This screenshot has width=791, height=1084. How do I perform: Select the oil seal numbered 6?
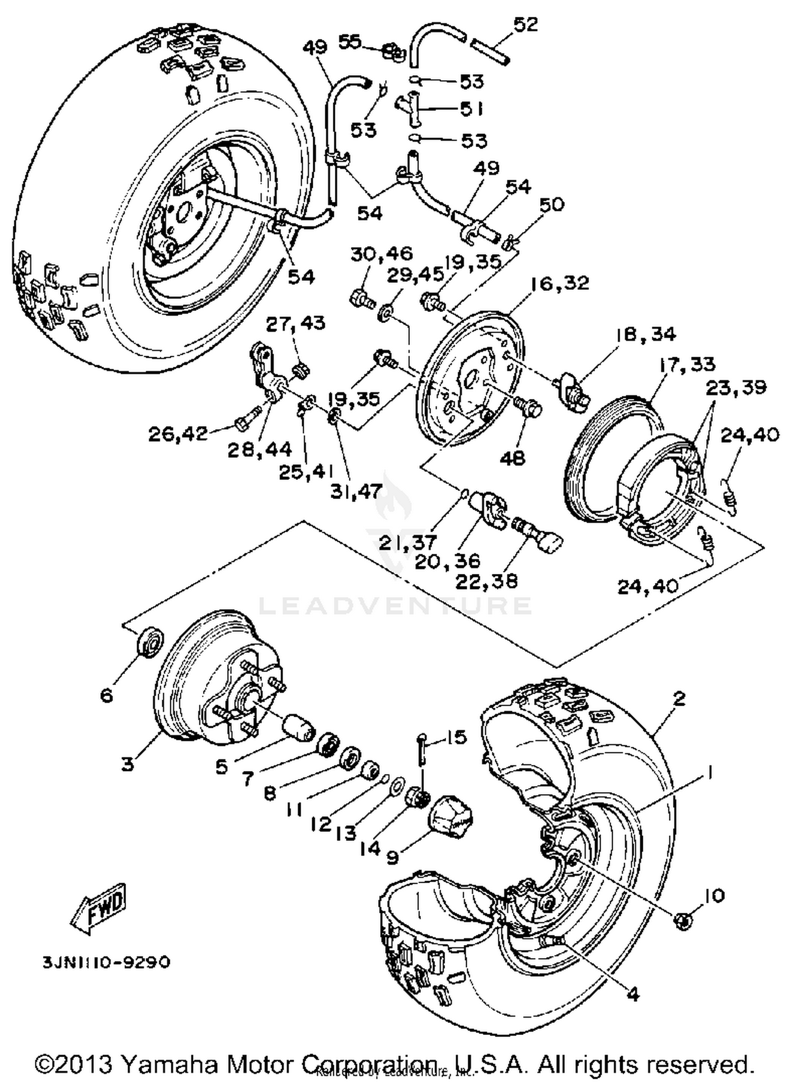pos(150,642)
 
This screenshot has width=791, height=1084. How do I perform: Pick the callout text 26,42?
pos(178,434)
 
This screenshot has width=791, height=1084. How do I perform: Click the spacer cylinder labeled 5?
pos(298,729)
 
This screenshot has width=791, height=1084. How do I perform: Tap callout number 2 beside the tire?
pos(679,699)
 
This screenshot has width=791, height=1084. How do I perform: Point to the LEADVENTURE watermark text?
pos(395,606)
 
